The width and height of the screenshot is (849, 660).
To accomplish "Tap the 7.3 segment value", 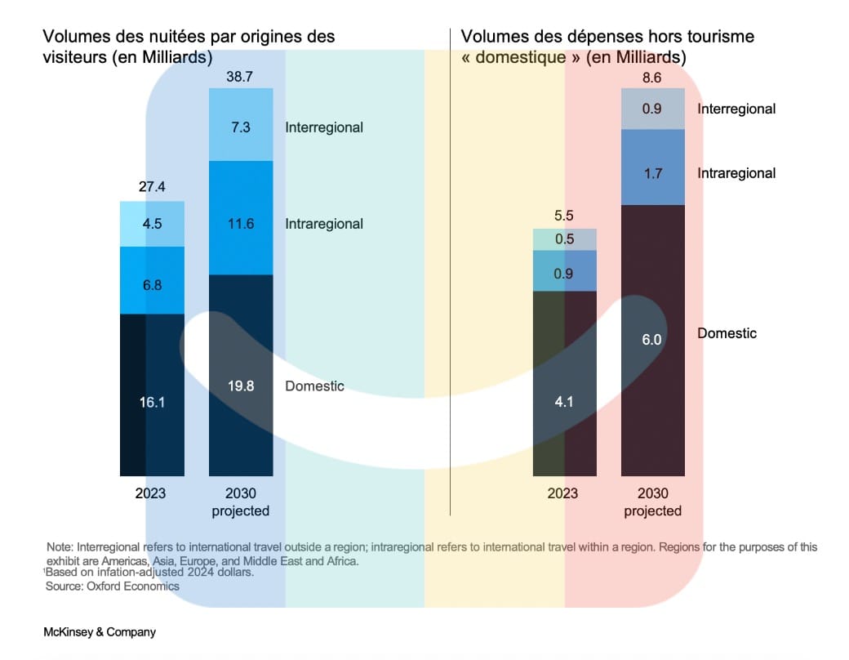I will tap(240, 127).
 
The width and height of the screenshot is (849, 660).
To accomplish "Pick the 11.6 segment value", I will tap(240, 224).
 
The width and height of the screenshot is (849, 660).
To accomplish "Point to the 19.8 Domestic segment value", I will tap(240, 386).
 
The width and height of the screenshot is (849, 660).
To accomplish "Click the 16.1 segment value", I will tap(151, 402).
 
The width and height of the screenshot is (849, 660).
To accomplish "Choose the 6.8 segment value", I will tap(151, 285).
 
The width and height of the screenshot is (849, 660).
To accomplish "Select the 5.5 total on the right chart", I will tap(563, 216).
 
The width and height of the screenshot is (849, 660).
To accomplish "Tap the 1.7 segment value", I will tap(652, 173).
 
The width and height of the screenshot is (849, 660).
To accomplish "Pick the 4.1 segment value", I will tap(563, 402).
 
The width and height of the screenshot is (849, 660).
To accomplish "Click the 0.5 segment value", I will tap(563, 239).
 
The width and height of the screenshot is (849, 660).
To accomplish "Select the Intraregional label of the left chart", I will tap(324, 224).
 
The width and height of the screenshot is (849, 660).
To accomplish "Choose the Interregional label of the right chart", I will tap(736, 109).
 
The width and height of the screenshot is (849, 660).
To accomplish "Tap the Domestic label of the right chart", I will tap(727, 333).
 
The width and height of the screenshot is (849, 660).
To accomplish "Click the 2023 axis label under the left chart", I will tap(151, 493).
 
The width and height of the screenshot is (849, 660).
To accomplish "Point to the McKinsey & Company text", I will tap(100, 632).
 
